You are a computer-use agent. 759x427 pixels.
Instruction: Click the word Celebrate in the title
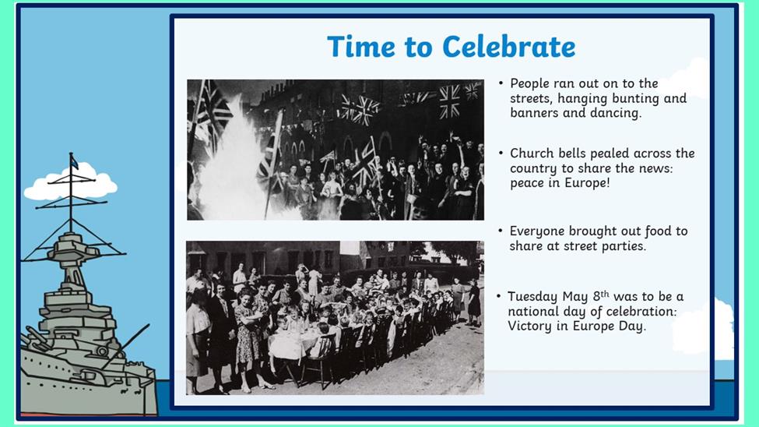(509, 47)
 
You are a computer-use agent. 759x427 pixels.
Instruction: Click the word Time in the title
(361, 47)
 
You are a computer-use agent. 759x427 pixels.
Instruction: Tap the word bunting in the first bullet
(635, 99)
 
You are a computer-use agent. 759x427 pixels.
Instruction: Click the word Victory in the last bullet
(529, 326)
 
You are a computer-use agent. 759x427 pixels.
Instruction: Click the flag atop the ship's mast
(74, 161)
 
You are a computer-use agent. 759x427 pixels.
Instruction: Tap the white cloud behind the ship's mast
(71, 182)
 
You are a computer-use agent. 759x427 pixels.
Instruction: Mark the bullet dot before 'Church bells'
(501, 154)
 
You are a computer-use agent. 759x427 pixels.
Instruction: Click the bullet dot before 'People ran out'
(501, 83)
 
